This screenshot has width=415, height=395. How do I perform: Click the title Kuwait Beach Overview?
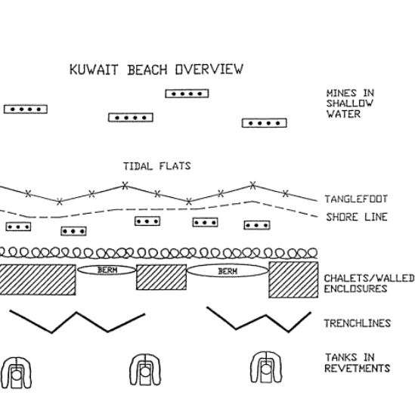point(156,69)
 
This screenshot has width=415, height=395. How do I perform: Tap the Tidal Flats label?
point(157,166)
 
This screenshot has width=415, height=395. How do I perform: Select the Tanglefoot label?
point(356,199)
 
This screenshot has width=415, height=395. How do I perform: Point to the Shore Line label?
point(357,217)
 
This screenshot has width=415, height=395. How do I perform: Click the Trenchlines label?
point(358,323)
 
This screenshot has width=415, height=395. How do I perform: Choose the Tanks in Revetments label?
point(358,363)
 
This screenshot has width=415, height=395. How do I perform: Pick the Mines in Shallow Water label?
point(350,103)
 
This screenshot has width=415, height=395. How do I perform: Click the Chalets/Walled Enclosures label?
point(369,283)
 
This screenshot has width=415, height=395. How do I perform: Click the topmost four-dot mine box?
point(187,94)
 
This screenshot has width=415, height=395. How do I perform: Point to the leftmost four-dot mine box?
point(26,110)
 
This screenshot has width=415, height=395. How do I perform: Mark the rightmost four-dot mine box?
point(264,123)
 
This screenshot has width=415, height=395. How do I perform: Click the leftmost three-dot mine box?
point(18,227)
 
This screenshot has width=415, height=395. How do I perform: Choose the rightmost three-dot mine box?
point(257,225)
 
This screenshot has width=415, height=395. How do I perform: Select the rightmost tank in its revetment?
point(266,368)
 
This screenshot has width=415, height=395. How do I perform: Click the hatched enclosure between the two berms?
point(161,277)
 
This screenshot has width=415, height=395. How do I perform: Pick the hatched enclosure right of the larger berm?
point(293,279)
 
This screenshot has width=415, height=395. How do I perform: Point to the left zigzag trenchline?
point(76,313)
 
